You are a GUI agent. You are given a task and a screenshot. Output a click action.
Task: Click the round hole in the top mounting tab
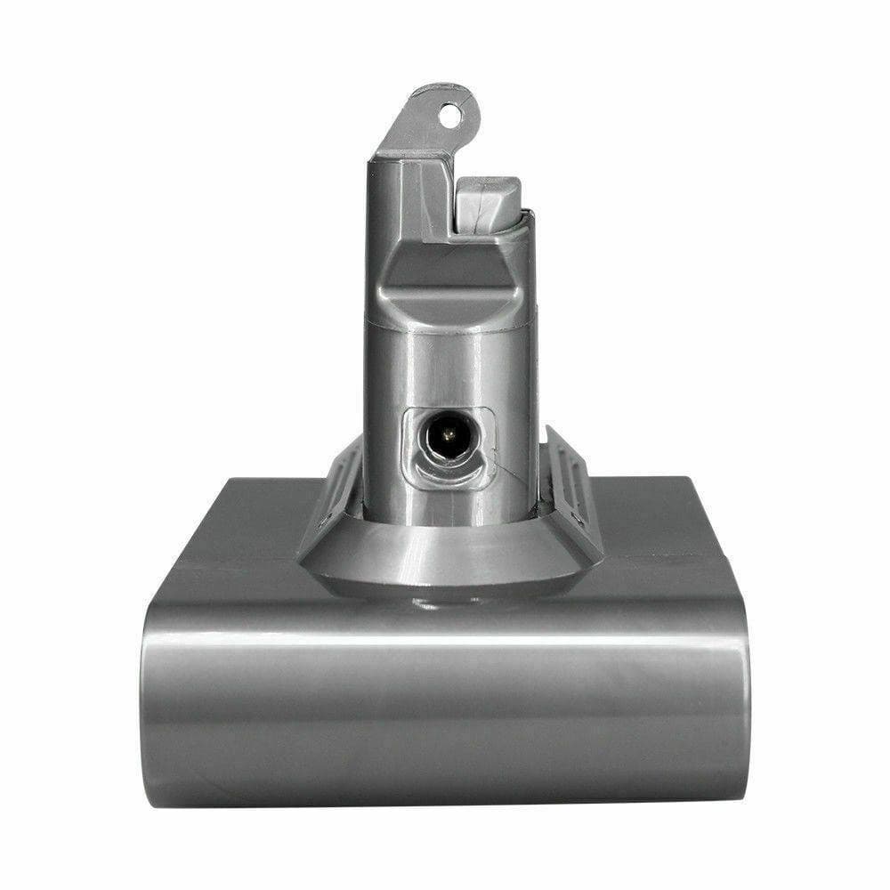[451, 114]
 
